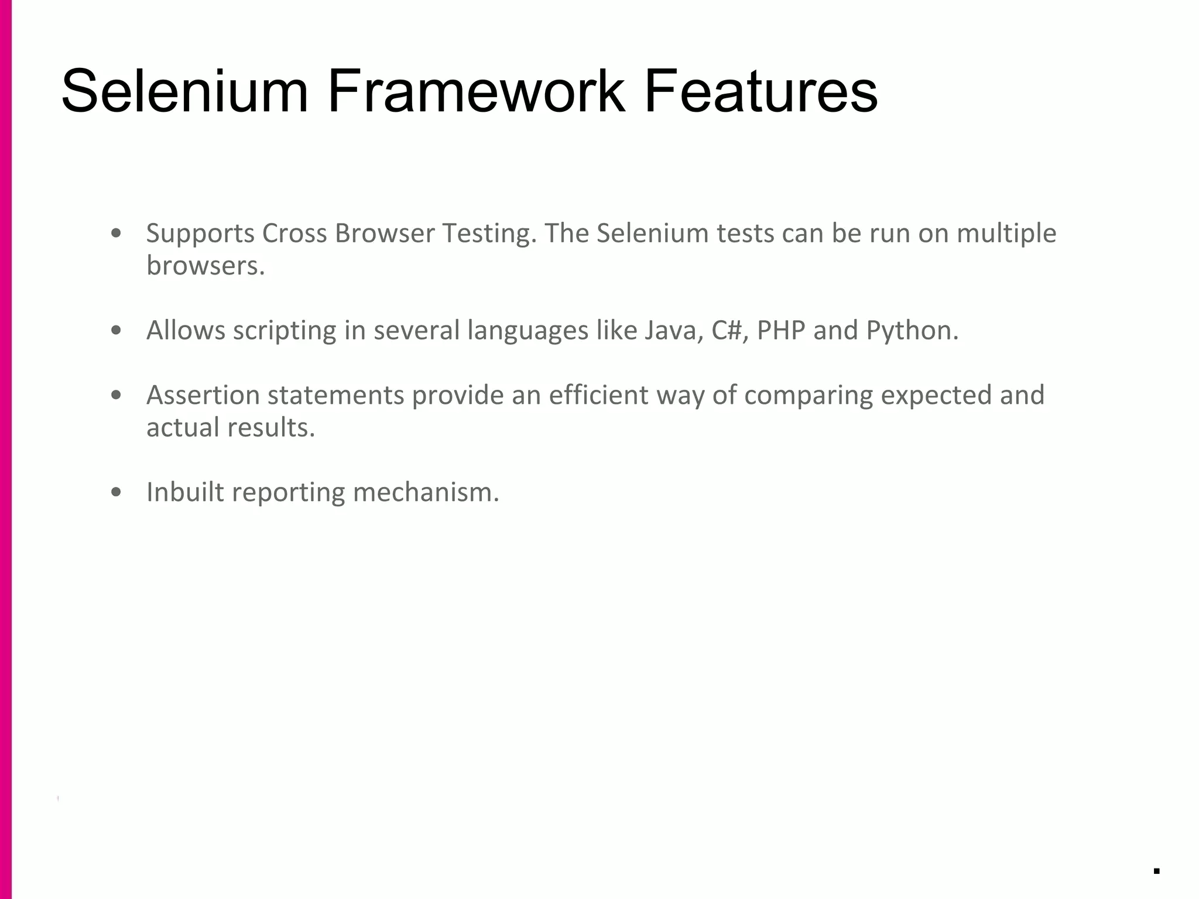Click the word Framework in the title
click(x=476, y=91)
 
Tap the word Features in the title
click(x=760, y=91)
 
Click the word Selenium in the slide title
click(x=184, y=91)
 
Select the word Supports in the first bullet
click(x=200, y=234)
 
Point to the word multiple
click(x=1006, y=234)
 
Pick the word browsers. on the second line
click(x=205, y=266)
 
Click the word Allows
click(x=186, y=331)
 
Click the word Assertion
click(x=203, y=396)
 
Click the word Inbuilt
click(x=185, y=492)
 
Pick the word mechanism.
click(x=426, y=492)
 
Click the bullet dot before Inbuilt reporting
click(x=116, y=492)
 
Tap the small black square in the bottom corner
click(x=1156, y=871)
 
